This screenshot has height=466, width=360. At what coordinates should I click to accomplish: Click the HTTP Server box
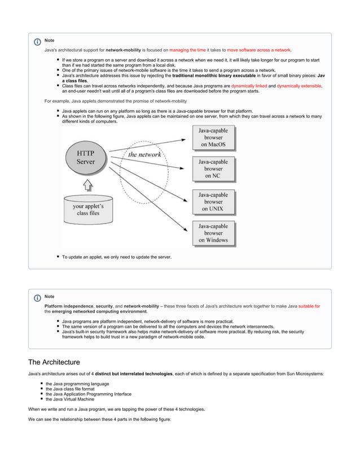(x=86, y=157)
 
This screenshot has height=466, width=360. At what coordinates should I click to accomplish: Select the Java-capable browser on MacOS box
(x=213, y=137)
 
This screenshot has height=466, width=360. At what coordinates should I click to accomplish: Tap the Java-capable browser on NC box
(x=213, y=169)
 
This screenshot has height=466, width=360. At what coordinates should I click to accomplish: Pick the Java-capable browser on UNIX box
(x=213, y=201)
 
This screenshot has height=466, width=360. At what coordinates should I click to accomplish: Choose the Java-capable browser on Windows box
(x=213, y=232)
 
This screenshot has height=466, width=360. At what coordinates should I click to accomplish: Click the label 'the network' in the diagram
(x=144, y=154)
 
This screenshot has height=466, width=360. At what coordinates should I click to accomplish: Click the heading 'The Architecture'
(x=54, y=362)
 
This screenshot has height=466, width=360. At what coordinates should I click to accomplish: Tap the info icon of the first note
(x=37, y=42)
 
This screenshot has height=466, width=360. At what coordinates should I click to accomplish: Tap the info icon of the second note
(x=37, y=297)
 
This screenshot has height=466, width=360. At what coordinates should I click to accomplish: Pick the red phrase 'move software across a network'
(x=258, y=50)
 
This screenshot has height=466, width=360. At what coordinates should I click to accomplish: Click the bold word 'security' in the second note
(x=104, y=306)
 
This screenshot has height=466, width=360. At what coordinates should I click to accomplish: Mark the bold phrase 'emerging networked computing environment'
(x=99, y=311)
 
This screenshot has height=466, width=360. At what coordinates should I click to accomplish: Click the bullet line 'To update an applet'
(x=116, y=257)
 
